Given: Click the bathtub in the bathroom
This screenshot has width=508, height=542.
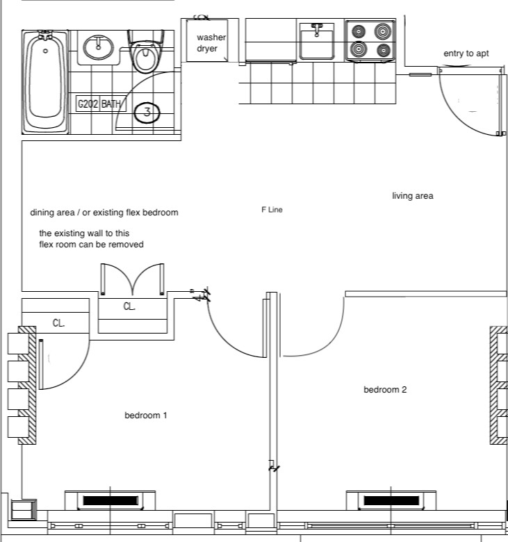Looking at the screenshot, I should coord(46,81).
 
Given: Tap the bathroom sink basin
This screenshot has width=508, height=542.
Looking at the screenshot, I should coord(99,48).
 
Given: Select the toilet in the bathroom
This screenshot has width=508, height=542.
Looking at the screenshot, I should coord(145,55).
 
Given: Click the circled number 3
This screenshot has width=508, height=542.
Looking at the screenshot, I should coord(147,111).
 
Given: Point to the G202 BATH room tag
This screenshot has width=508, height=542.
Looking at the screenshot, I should coord(99,104).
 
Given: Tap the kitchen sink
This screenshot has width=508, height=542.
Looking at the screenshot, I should coord(317,42).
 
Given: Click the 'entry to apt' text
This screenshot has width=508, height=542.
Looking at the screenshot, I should coord(466,54).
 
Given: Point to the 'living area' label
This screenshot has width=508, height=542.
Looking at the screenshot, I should coord(412,196).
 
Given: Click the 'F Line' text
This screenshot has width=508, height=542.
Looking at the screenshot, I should coord(272,209).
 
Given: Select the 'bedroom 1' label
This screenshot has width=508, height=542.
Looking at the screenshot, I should coord(146,416).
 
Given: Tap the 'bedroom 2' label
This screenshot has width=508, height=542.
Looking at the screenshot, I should coord(385,389).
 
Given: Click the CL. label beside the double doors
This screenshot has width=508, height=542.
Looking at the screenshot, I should coord(130,306).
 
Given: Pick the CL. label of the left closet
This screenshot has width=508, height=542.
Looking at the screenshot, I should coord(59,323).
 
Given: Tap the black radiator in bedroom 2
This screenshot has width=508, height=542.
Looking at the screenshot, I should coord(392,500).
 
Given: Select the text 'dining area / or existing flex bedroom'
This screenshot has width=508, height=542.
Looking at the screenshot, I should coord(104,213).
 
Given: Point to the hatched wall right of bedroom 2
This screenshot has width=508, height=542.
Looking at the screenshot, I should coord(498,386).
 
